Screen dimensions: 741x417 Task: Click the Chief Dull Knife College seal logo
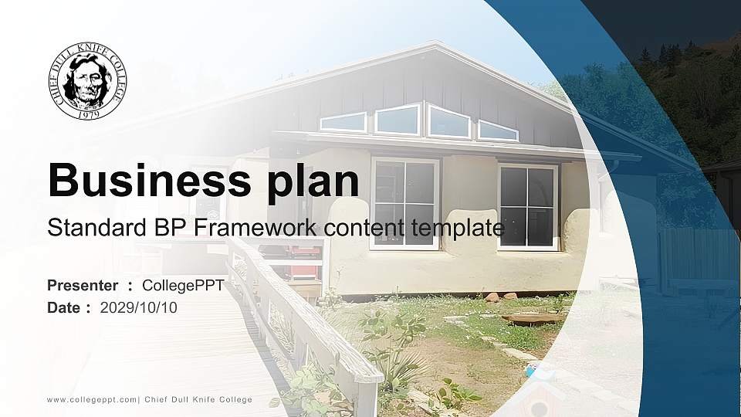click(87, 80)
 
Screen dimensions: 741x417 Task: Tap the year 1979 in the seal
click(88, 114)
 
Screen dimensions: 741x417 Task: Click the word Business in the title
click(149, 180)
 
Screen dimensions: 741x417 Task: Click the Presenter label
click(83, 286)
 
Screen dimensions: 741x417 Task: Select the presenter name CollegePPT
click(184, 286)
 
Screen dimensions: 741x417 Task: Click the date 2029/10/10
click(139, 308)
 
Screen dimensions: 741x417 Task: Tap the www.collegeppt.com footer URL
click(92, 400)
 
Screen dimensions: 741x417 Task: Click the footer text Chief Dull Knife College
click(198, 400)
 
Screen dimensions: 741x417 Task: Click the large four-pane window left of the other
click(405, 203)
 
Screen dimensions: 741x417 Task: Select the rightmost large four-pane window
click(528, 207)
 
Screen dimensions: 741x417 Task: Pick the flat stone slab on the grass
click(533, 319)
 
